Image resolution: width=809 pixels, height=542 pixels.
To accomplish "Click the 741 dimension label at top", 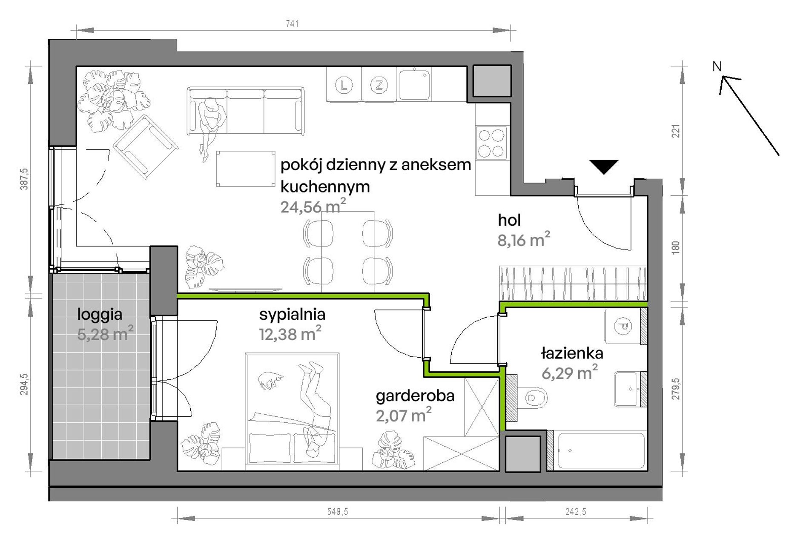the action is (292, 24).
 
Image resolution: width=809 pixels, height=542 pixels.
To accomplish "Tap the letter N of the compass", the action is (717, 66).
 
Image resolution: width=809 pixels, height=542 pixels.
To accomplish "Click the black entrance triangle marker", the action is (604, 167).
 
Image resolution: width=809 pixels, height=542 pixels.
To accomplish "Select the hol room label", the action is (509, 220).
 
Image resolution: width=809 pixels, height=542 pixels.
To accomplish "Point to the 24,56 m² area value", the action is (313, 206).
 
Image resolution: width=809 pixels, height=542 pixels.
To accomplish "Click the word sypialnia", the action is (292, 315).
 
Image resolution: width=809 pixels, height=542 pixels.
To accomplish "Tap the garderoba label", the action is (415, 396).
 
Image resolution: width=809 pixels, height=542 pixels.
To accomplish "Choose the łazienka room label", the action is (572, 353).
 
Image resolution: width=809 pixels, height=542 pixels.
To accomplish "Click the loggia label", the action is (100, 315).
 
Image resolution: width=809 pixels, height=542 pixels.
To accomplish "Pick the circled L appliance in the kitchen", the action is (344, 85).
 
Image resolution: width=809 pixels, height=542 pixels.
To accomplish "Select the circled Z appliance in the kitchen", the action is (379, 85).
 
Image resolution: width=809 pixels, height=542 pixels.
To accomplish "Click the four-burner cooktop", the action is (491, 143).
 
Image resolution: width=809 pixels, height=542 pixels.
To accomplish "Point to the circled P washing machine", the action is (622, 326).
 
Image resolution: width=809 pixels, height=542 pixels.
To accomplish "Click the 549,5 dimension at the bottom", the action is (338, 511).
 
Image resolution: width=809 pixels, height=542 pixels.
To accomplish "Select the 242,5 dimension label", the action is (576, 511).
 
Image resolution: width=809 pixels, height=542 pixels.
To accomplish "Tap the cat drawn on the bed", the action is (270, 380).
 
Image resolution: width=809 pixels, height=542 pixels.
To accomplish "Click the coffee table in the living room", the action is (245, 169).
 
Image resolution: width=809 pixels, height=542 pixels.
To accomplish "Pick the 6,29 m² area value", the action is (569, 373).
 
